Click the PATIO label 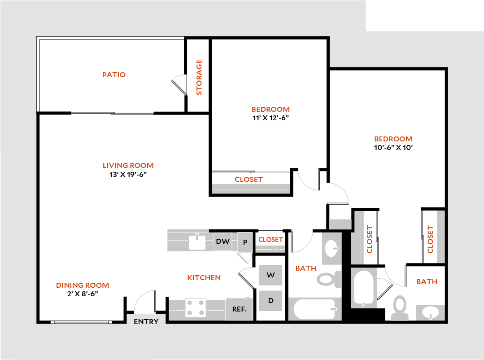114,75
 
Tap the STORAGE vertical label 199,77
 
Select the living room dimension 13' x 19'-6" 128,174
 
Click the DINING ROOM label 83,285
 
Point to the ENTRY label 146,321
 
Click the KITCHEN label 204,277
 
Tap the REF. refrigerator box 240,309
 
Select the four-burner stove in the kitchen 196,308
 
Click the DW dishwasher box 223,241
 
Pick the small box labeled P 245,242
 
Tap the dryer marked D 270,300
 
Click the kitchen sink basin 197,242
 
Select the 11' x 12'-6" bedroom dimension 270,118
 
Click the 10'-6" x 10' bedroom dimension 393,147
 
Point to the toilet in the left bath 329,280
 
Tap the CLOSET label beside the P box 270,240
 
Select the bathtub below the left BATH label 314,309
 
